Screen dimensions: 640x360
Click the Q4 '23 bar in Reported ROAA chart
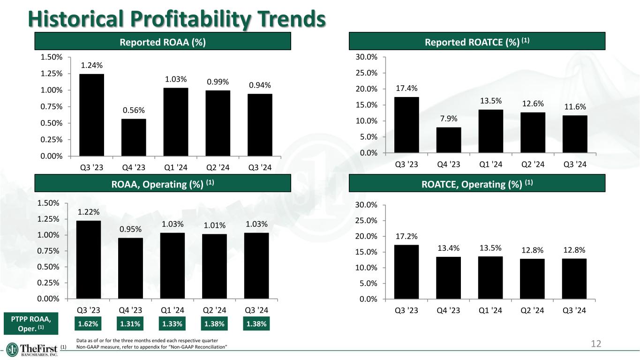click(x=134, y=137)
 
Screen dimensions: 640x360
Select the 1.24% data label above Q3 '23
click(x=92, y=66)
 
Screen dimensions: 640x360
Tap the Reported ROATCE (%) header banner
click(x=477, y=41)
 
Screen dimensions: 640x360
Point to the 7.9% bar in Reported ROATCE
click(x=449, y=140)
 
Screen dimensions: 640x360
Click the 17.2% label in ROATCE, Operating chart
click(x=407, y=236)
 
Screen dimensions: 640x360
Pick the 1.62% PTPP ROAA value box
click(x=88, y=324)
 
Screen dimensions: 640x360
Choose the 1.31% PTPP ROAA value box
click(x=130, y=324)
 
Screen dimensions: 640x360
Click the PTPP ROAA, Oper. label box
click(x=31, y=323)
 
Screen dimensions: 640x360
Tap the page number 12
click(x=596, y=344)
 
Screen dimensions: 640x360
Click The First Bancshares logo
click(x=32, y=350)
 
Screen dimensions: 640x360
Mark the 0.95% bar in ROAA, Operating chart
click(x=130, y=268)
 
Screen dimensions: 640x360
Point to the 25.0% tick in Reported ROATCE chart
click(x=367, y=73)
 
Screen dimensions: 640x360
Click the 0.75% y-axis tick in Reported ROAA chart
click(x=52, y=107)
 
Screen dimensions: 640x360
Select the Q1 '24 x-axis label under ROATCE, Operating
click(x=490, y=310)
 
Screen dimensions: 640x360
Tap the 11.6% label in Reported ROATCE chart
click(x=575, y=107)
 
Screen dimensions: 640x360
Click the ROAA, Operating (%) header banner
click(x=163, y=183)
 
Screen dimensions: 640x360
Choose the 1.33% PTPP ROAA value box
click(x=172, y=324)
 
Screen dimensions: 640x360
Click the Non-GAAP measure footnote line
click(x=152, y=347)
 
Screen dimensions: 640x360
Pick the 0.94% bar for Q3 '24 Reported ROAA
click(x=260, y=125)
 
